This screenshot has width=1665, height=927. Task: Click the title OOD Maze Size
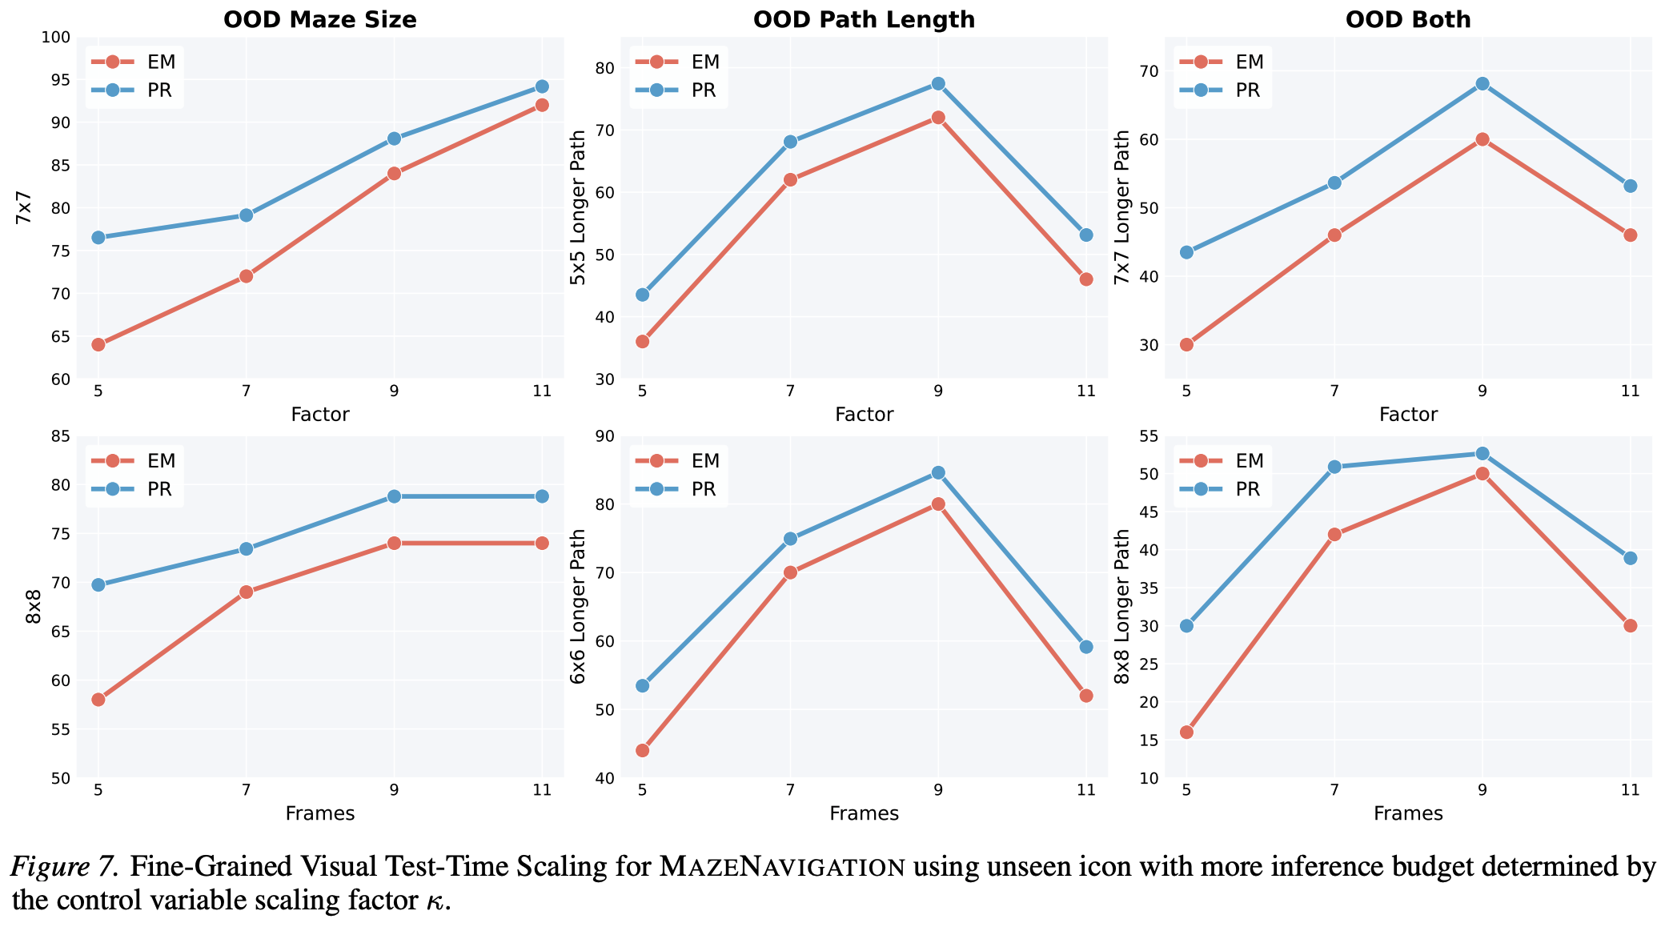pyautogui.click(x=319, y=19)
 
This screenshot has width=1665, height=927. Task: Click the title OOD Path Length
pyautogui.click(x=864, y=19)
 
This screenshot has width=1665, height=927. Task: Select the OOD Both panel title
pyautogui.click(x=1408, y=19)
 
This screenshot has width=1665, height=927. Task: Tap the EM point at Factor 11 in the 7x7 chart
pyautogui.click(x=542, y=105)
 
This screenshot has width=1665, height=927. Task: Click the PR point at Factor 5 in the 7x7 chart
pyautogui.click(x=98, y=238)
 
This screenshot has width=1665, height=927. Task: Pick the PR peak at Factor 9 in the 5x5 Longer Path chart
pyautogui.click(x=938, y=83)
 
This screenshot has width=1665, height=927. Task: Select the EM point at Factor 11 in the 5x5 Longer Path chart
pyautogui.click(x=1086, y=279)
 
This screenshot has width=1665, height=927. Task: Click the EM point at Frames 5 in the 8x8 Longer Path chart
pyautogui.click(x=1186, y=732)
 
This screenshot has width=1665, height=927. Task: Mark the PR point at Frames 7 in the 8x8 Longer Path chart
pyautogui.click(x=1334, y=467)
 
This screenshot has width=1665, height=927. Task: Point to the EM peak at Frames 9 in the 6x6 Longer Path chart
pyautogui.click(x=938, y=504)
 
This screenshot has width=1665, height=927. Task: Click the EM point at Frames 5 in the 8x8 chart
pyautogui.click(x=98, y=700)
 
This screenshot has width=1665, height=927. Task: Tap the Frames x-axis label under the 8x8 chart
pyautogui.click(x=319, y=814)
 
